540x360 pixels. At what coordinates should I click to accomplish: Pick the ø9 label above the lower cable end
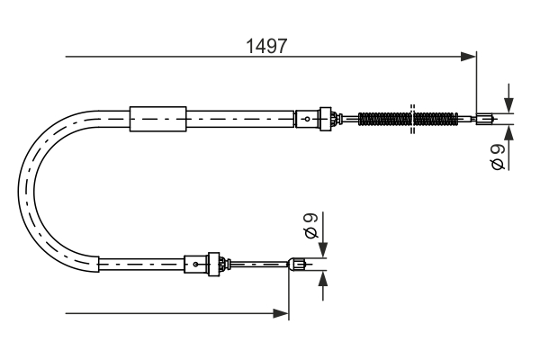pos(310,226)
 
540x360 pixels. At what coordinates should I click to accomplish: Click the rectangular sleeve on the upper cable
pos(157,117)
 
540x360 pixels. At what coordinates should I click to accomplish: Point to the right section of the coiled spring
pos(436,118)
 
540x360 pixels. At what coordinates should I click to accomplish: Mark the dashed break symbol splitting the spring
pos(411,118)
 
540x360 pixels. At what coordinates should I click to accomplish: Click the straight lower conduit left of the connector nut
pos(139,264)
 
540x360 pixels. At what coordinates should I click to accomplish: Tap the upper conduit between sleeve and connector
pos(240,117)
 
